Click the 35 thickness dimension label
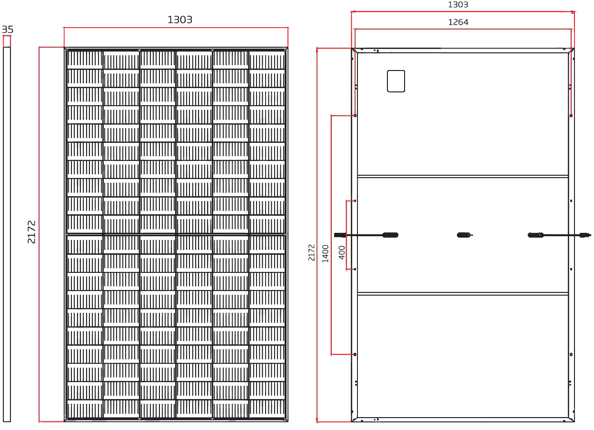8,30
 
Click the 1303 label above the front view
180,20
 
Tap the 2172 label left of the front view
31,232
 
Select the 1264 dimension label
458,22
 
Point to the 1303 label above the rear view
458,4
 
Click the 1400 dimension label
326,254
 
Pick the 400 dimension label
342,252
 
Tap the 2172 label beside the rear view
311,252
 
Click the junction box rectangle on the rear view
396,81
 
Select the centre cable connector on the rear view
464,235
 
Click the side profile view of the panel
7,234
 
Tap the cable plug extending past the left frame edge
340,235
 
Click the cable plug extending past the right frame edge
585,235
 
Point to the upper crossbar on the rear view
463,176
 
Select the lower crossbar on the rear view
463,294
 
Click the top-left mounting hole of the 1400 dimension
355,115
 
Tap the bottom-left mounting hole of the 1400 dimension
355,354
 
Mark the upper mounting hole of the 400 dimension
355,201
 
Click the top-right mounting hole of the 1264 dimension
571,115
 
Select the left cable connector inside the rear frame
390,235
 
